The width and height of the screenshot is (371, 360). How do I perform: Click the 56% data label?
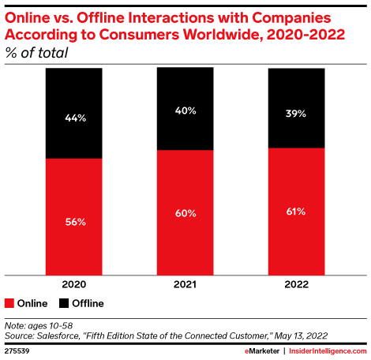[x=74, y=223]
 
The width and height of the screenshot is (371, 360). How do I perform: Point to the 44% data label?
[x=74, y=118]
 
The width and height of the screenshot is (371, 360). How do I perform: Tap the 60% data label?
[x=185, y=213]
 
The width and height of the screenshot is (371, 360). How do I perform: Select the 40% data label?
[x=185, y=111]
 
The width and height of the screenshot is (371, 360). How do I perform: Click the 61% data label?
[x=296, y=212]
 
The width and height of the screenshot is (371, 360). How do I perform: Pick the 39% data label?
[x=296, y=113]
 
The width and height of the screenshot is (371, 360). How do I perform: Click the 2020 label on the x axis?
[x=74, y=283]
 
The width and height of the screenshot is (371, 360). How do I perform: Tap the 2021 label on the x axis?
[x=185, y=283]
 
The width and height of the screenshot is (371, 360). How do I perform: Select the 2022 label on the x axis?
[x=296, y=283]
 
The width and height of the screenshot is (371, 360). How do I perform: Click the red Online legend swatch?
[x=9, y=303]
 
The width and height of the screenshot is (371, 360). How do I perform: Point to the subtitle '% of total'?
[x=36, y=53]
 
